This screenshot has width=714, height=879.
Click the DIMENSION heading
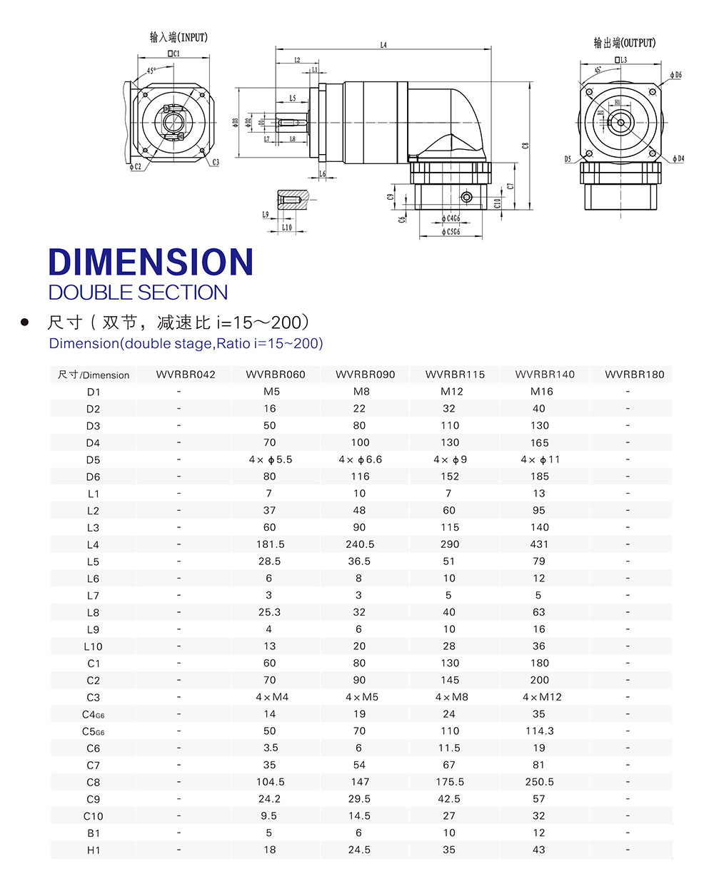tap(151, 262)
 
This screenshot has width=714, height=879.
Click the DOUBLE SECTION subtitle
tap(138, 293)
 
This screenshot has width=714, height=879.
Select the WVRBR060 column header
tap(271, 375)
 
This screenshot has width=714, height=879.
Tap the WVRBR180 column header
tap(628, 375)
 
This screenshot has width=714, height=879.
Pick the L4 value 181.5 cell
tap(271, 544)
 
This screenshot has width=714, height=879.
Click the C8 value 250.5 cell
tap(539, 782)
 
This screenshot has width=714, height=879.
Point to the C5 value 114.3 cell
tap(539, 731)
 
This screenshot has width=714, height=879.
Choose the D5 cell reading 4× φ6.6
tap(360, 459)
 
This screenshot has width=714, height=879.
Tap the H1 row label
tap(93, 850)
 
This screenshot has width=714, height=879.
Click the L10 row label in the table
tap(93, 646)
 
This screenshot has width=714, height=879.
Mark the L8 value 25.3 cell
tap(271, 612)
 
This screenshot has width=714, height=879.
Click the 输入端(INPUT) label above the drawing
tap(178, 37)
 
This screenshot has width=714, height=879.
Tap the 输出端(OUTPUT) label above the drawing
tap(624, 43)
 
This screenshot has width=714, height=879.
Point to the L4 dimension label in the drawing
tap(383, 45)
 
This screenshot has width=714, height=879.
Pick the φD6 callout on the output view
tap(676, 75)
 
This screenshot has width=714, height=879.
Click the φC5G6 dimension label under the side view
tap(451, 232)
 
